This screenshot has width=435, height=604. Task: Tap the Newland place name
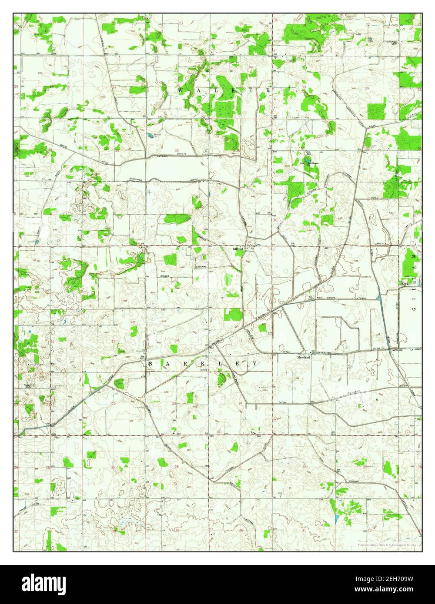pyautogui.click(x=303, y=357)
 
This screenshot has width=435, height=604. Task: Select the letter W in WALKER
pyautogui.click(x=181, y=90)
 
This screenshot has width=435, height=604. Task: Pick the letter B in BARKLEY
pyautogui.click(x=151, y=363)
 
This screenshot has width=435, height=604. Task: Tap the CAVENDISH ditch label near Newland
pyautogui.click(x=325, y=352)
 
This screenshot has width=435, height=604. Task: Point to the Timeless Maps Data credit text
pyautogui.click(x=386, y=544)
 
